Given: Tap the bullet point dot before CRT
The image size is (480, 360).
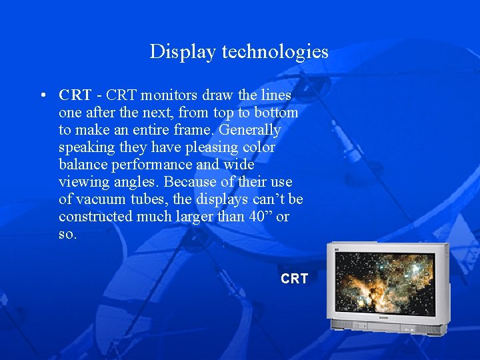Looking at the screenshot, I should pyautogui.click(x=43, y=95).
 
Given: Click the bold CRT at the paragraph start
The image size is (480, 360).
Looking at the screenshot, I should pyautogui.click(x=74, y=95).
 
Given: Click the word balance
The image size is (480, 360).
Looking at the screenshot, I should pyautogui.click(x=83, y=165).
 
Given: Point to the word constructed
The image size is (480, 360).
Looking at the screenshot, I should pyautogui.click(x=96, y=217).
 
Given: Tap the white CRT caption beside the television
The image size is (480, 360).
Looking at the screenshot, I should pyautogui.click(x=294, y=279).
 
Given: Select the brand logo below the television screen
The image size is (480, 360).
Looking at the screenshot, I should pyautogui.click(x=383, y=319).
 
